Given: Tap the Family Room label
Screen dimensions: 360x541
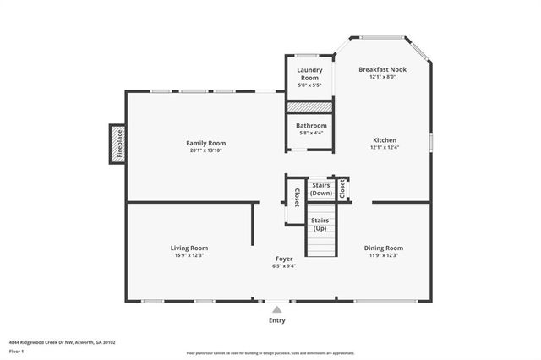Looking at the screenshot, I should tap(206, 143).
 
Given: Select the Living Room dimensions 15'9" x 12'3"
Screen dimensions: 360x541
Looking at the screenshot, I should tap(189, 255).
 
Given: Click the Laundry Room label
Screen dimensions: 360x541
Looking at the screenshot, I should tap(309, 74).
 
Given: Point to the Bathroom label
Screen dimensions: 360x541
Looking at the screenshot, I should tap(310, 126).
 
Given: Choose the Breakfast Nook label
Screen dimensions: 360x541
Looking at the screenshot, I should tap(382, 69).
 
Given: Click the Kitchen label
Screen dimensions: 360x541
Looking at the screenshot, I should tap(385, 140).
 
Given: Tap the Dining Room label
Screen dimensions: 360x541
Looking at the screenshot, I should tap(383, 248).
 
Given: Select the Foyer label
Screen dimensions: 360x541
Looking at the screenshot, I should tap(284, 259).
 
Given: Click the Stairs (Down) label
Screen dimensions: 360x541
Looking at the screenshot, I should tap(321, 189).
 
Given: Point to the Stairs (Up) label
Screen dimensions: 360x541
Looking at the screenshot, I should tap(320, 224).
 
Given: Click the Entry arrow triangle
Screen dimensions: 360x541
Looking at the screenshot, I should tap(277, 310).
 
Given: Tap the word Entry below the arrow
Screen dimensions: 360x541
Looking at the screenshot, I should tap(277, 320).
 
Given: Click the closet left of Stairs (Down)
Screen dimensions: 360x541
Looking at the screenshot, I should tap(296, 197).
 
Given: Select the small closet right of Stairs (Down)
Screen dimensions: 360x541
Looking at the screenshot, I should tap(342, 188).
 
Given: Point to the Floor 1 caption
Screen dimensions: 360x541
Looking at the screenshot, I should tap(16, 351).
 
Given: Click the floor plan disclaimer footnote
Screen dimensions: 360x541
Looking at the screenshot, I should tap(270, 353).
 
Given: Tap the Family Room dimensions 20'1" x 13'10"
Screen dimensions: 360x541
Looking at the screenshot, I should tap(206, 150).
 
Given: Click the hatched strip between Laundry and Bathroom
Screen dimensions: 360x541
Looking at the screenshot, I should tap(309, 106).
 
